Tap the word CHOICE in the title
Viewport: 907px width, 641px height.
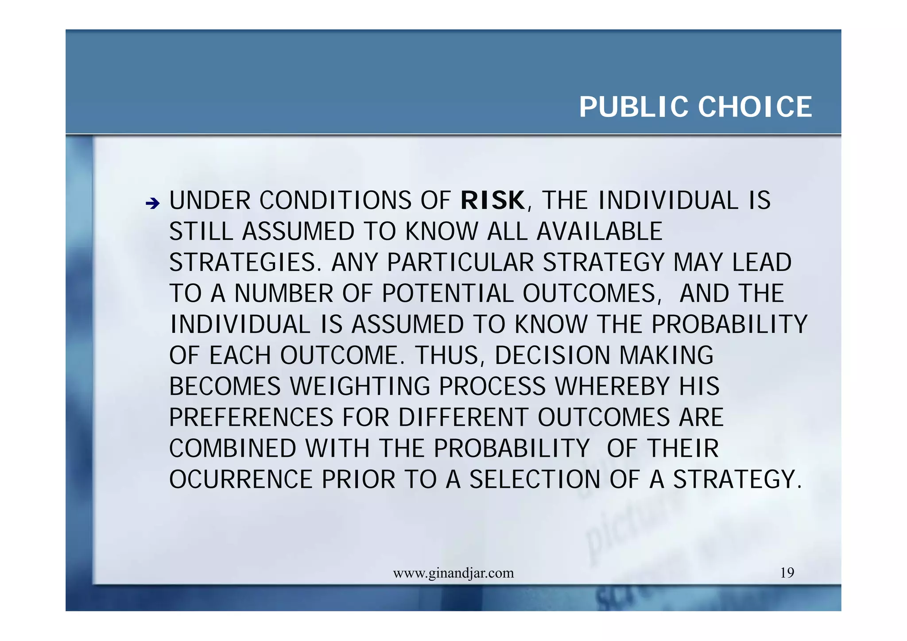[x=755, y=107]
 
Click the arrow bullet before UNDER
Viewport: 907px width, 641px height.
[x=152, y=204]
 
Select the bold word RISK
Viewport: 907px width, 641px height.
[x=492, y=201]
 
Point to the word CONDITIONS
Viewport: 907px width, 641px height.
[x=335, y=201]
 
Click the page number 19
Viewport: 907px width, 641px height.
[x=787, y=573]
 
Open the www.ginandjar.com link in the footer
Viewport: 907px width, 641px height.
[x=453, y=573]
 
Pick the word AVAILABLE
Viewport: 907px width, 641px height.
[x=599, y=232]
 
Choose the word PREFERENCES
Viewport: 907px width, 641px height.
[x=251, y=417]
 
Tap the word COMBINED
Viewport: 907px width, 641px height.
[x=233, y=448]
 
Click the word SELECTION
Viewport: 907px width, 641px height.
[x=535, y=479]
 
